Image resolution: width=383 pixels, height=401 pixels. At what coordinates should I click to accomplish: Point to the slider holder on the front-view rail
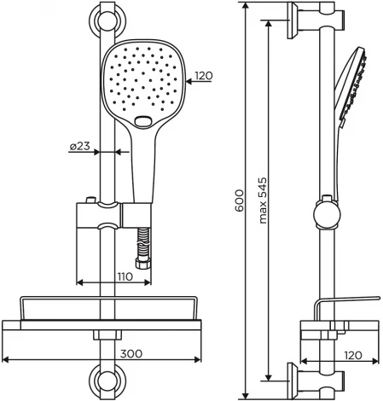[x=109, y=216]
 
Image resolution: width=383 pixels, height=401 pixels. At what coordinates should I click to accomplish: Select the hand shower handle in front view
[x=138, y=162]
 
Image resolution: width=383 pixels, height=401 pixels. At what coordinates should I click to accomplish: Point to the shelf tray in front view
[x=107, y=309]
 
